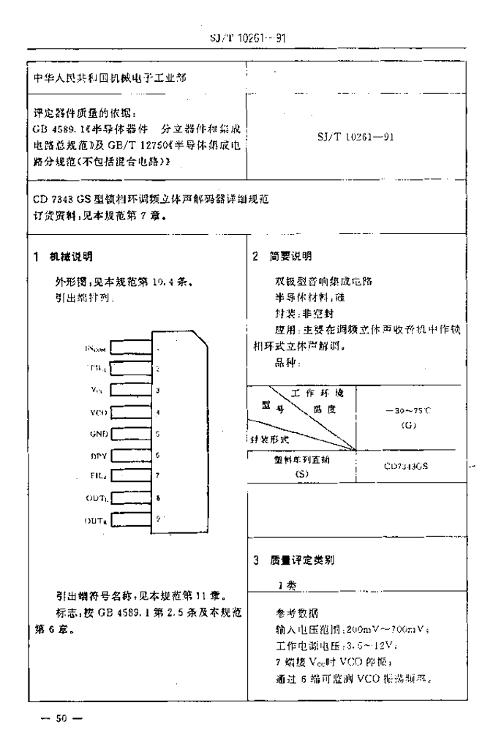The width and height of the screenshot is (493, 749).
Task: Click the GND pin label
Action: point(99,434)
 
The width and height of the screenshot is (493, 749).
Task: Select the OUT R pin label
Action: point(96,520)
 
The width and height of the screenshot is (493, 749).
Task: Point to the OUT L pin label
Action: point(96,499)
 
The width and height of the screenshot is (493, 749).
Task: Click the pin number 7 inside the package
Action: point(158,476)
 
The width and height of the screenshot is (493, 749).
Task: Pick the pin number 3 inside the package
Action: point(158,391)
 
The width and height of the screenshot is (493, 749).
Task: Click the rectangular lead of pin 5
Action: point(132,434)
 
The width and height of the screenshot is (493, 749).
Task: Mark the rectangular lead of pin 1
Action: point(132,348)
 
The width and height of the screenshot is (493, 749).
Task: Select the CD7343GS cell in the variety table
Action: point(407,466)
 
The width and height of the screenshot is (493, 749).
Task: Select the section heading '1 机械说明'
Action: point(65,256)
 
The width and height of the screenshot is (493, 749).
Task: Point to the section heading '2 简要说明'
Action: point(282,256)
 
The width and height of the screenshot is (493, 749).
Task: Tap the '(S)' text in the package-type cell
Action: point(302,473)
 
